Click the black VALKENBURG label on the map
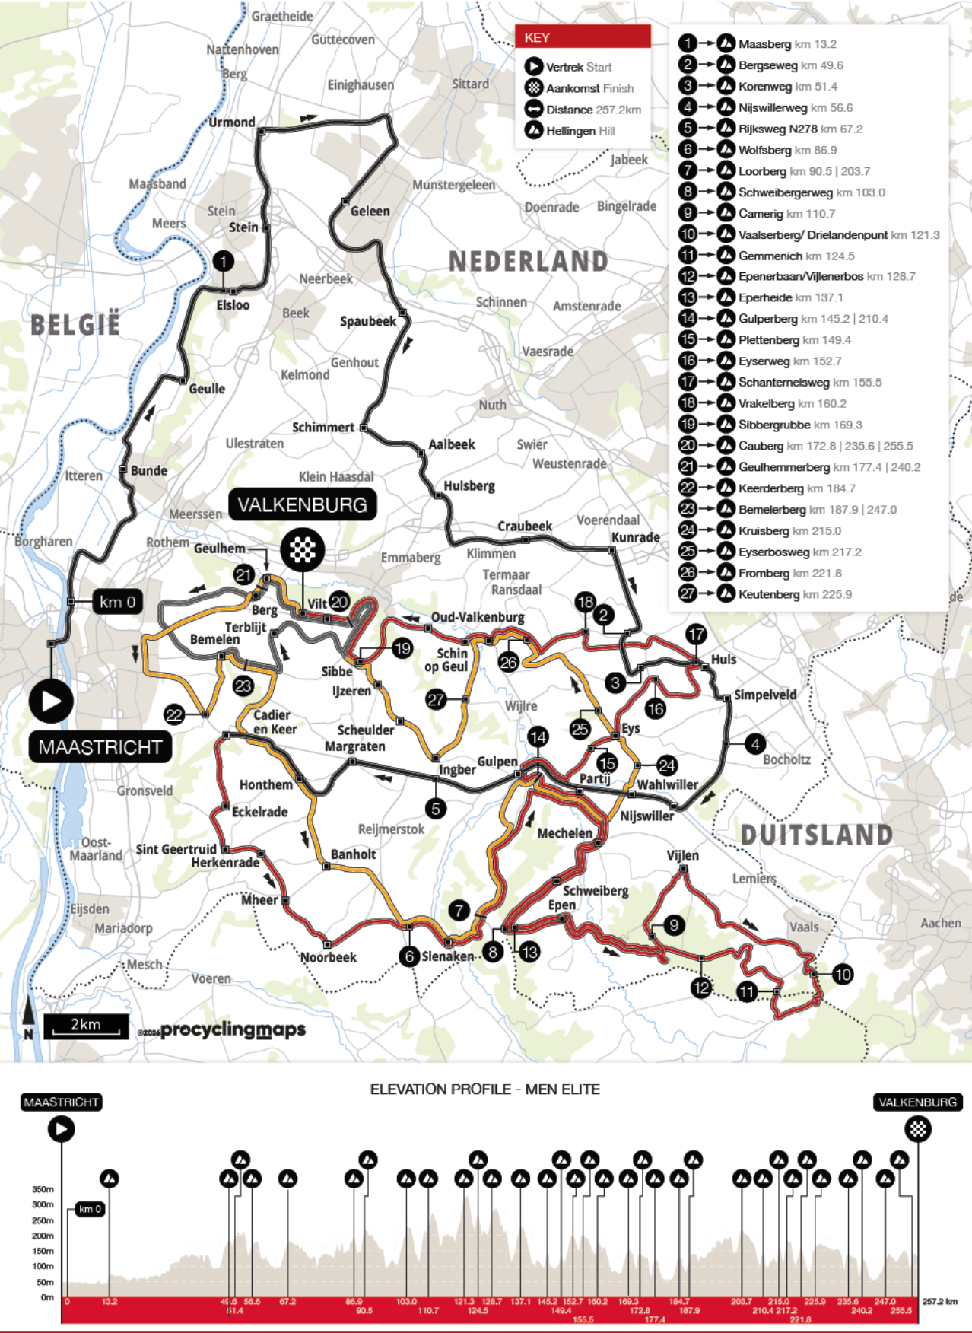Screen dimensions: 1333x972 [x=302, y=504]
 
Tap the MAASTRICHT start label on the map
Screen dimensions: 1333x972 [x=100, y=747]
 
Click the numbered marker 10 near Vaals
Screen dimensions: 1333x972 [x=842, y=975]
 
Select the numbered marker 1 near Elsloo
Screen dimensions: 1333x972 [x=223, y=262]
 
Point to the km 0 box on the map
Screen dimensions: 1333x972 [x=118, y=602]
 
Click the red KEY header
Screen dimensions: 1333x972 [x=583, y=37]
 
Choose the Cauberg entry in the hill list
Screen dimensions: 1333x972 [x=814, y=446]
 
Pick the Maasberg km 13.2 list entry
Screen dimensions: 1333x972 [x=786, y=44]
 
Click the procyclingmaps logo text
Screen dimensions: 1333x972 [x=232, y=1029]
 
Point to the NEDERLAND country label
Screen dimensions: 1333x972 [x=528, y=262]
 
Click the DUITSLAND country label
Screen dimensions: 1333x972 [x=816, y=835]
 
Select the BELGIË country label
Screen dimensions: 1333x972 [x=75, y=325]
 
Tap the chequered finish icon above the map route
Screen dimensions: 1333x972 [x=302, y=549]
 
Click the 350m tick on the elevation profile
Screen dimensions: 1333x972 [x=43, y=1189]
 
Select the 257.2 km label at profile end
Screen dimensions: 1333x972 [x=940, y=1301]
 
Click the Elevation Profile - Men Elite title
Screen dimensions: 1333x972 [x=484, y=1089]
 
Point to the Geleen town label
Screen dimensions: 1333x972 [x=370, y=212]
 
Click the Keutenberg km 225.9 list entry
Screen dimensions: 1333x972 [x=794, y=594]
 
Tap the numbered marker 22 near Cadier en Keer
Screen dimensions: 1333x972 [x=174, y=714]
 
